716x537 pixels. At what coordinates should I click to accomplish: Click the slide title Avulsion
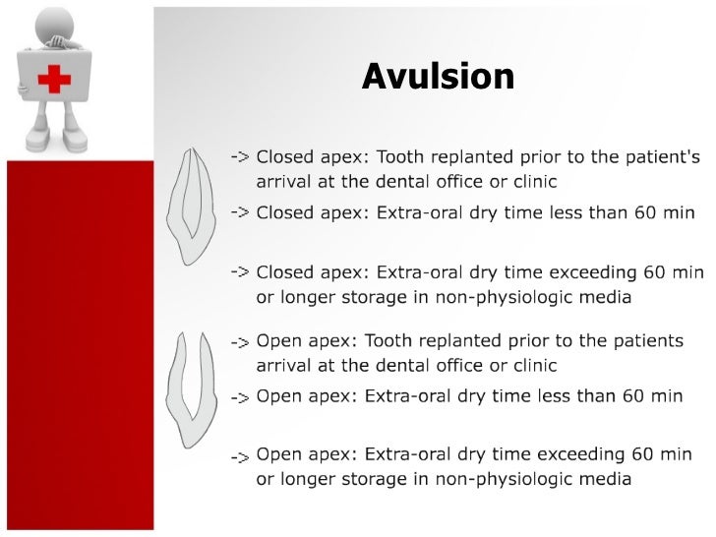click(438, 76)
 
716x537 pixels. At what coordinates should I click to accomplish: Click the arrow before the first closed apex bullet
click(239, 157)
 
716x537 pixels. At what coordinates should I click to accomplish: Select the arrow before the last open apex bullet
click(239, 457)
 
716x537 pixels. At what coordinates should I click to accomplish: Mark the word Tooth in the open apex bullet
click(388, 341)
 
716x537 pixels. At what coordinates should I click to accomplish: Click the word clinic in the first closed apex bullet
click(532, 182)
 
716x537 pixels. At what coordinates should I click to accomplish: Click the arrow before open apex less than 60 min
click(239, 398)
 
